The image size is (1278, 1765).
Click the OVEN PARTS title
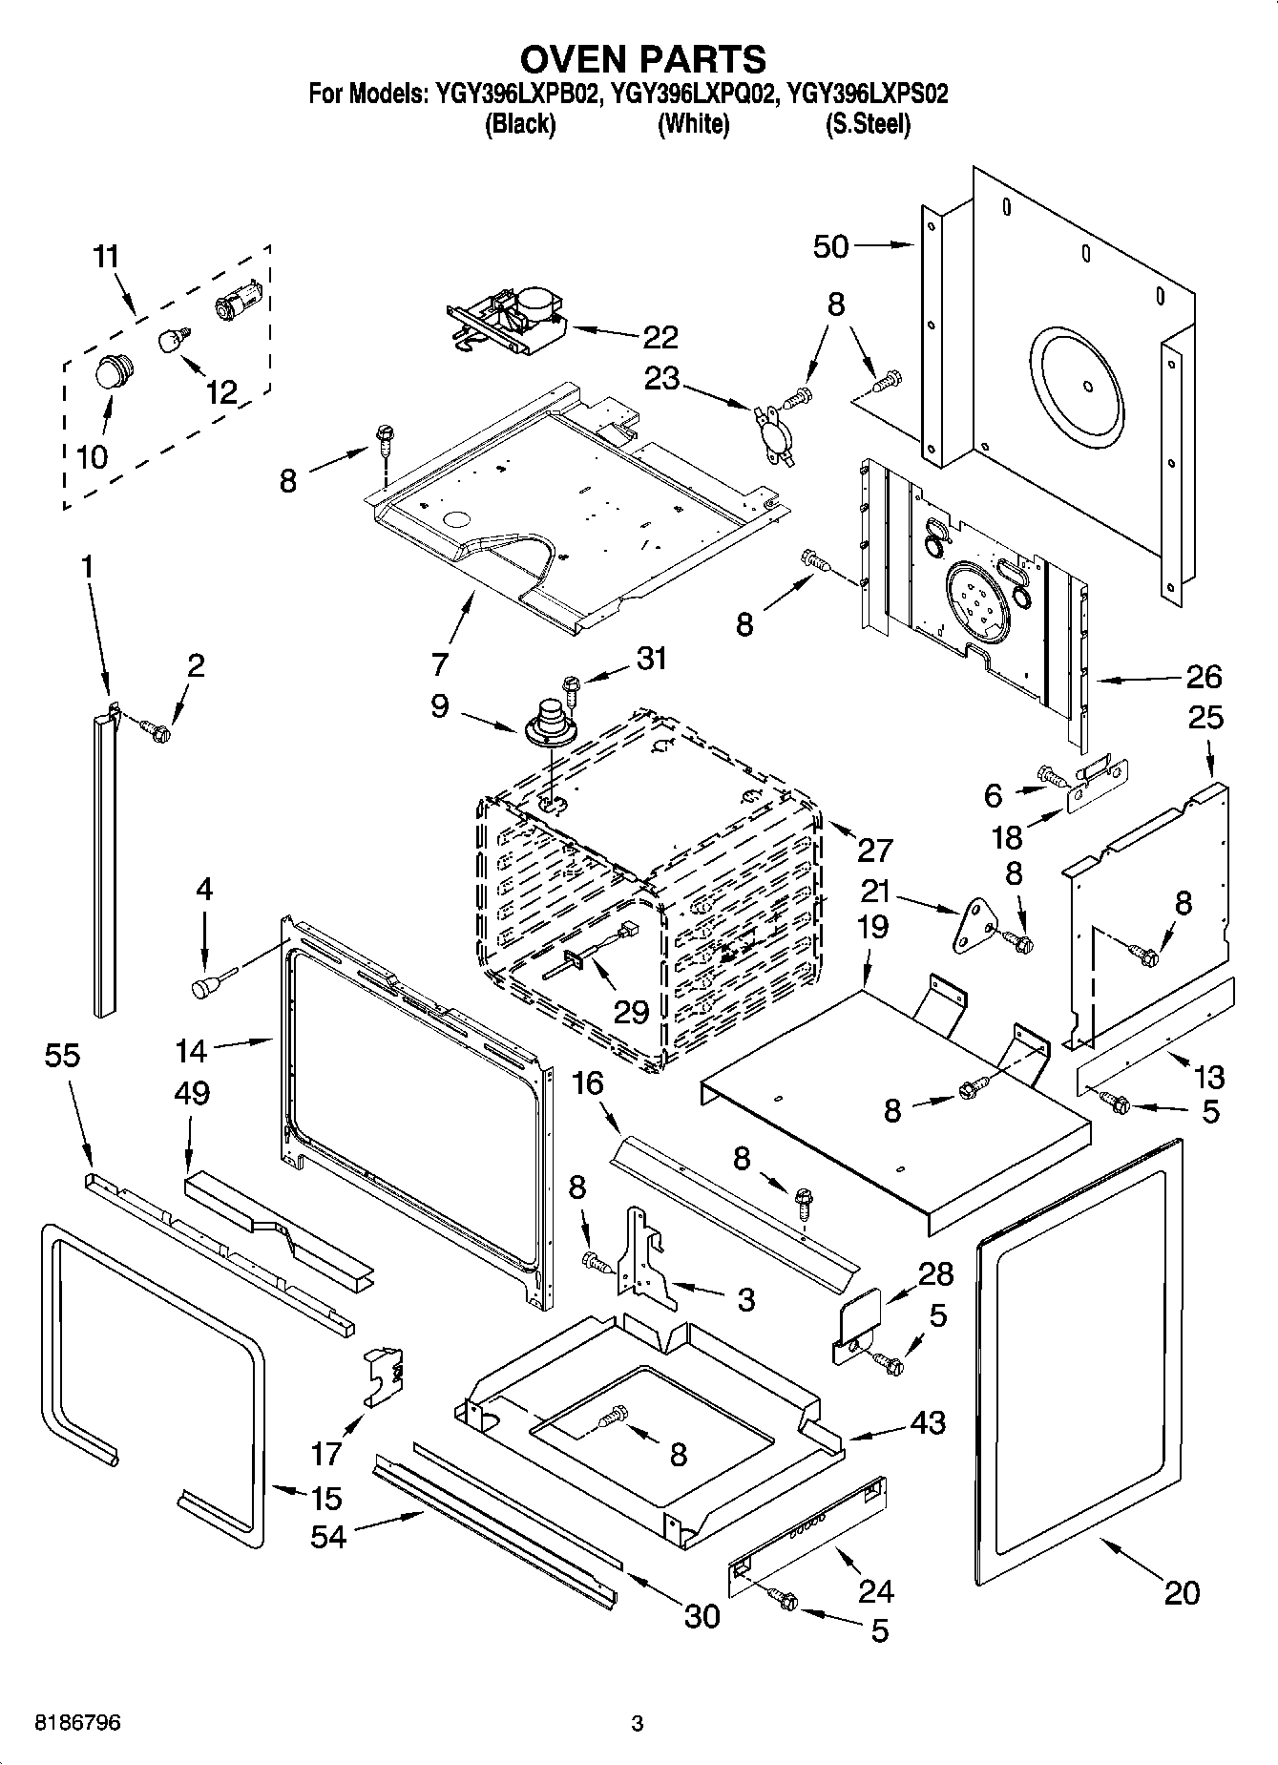point(642,59)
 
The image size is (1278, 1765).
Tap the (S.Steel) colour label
point(867,124)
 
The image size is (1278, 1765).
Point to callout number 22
point(660,337)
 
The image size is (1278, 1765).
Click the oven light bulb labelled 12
point(172,339)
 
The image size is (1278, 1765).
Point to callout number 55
point(62,1056)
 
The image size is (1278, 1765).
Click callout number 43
point(926,1422)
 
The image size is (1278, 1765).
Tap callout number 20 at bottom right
point(1182,1592)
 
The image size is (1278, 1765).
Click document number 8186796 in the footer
point(77,1724)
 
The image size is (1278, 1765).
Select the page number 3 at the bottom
point(638,1724)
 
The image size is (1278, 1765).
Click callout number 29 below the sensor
point(631,1012)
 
